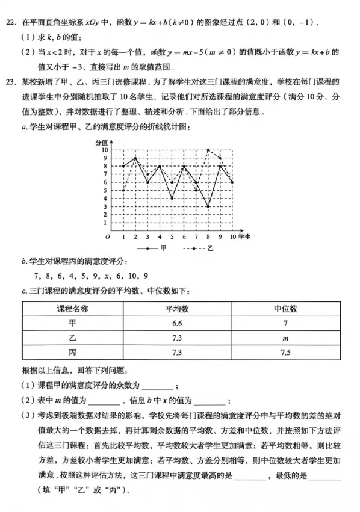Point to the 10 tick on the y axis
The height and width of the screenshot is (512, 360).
[x=105, y=150]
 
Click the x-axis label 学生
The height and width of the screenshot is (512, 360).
[x=244, y=236]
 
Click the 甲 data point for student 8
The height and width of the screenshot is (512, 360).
[x=208, y=207]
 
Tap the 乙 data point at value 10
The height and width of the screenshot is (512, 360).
[x=208, y=150]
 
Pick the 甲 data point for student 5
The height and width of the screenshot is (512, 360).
[x=172, y=199]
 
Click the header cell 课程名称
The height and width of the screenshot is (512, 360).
[x=73, y=309]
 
